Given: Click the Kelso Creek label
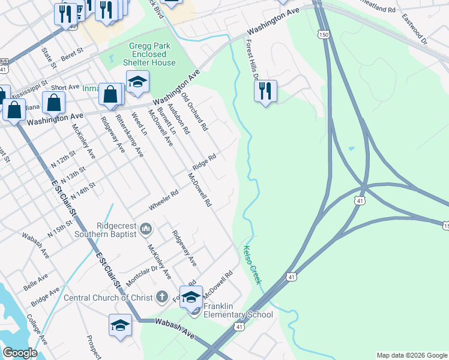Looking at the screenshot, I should [252, 265].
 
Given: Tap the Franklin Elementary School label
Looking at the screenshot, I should [238, 310].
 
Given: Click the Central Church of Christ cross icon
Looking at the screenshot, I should [161, 296].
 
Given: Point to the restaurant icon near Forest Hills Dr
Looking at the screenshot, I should [265, 91].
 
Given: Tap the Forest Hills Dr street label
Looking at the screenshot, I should [252, 59].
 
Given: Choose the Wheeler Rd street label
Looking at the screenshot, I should [164, 200].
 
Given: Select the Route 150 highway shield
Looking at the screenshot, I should [324, 35].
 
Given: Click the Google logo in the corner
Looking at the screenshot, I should [20, 353].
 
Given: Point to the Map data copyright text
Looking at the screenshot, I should [412, 355].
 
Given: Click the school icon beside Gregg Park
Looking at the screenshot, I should [137, 81].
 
